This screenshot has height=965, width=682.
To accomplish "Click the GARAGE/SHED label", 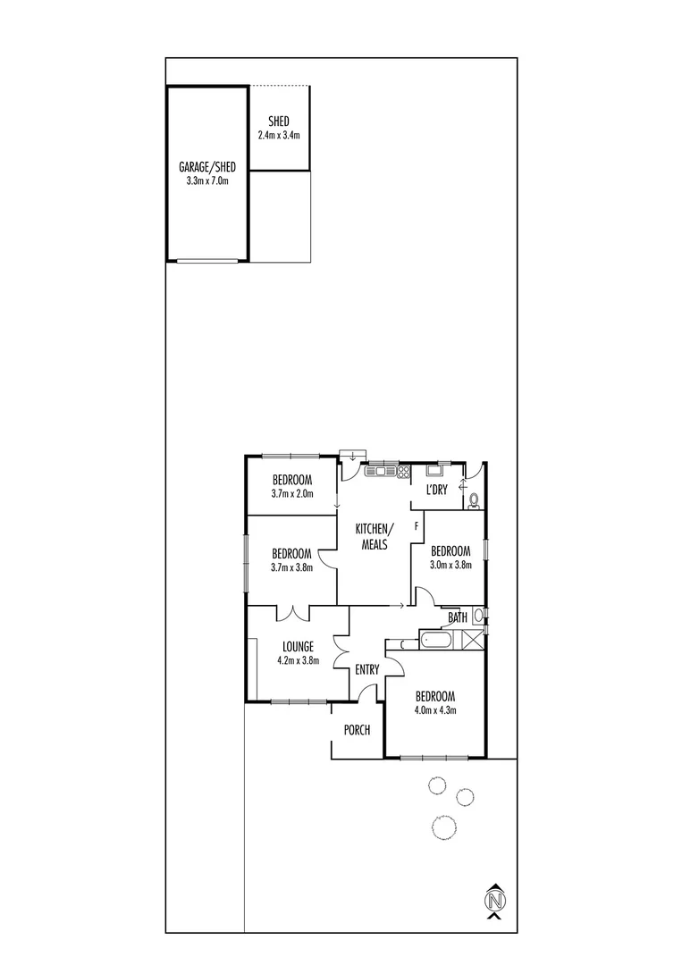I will tap(206, 167).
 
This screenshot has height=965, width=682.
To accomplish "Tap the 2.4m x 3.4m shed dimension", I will tap(278, 136).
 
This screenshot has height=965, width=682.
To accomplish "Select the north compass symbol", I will tap(494, 899).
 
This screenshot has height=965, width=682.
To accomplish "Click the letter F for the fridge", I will tap(416, 526).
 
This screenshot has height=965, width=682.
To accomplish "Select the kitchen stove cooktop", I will tap(403, 471).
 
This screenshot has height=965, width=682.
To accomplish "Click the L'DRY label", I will tap(436, 489).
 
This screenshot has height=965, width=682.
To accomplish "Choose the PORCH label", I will tap(357, 730).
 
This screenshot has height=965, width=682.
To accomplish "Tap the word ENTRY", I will tap(367, 669).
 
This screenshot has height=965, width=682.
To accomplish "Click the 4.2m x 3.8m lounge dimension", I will tap(298, 661).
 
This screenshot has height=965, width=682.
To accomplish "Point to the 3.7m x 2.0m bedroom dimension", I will tap(291, 492).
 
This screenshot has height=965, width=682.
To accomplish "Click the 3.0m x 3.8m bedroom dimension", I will tap(450, 564).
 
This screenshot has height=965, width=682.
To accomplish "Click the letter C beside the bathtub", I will tap(403, 642).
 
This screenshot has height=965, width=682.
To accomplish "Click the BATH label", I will tap(457, 617).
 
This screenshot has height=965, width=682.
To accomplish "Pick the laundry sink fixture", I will tap(436, 469).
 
